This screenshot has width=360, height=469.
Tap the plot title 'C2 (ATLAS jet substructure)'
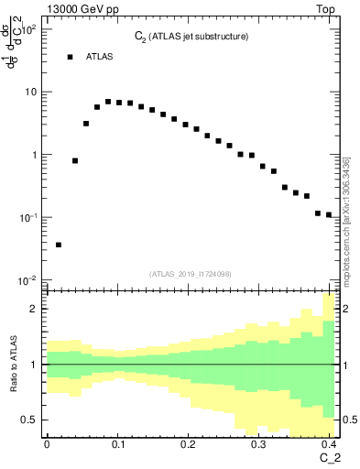(x=186, y=36)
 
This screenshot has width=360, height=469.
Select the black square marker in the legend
(x=70, y=57)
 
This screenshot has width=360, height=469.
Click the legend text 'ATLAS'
(x=100, y=57)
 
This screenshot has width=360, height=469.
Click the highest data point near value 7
(x=108, y=102)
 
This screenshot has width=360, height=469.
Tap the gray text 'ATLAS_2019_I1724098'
(x=191, y=273)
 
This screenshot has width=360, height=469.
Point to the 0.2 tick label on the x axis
(x=187, y=444)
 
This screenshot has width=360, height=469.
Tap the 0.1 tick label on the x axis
(x=116, y=444)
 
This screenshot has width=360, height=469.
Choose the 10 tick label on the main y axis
(x=30, y=92)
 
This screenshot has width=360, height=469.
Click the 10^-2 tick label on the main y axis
(x=27, y=278)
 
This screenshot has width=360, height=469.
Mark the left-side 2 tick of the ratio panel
(x=35, y=309)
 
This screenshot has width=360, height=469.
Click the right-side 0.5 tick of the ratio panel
(x=349, y=420)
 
